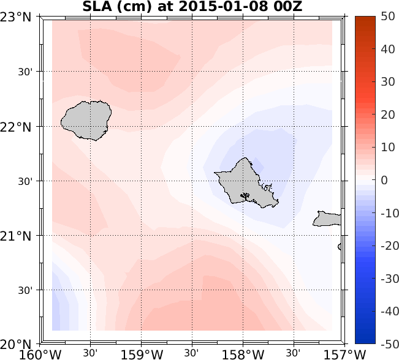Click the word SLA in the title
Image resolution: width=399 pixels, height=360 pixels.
click(96, 7)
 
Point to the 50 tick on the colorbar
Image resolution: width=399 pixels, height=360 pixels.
click(387, 17)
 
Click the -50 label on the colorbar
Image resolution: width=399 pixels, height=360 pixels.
click(386, 343)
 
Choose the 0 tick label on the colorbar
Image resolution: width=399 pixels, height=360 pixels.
click(384, 180)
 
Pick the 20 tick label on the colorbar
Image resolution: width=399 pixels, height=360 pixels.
click(387, 114)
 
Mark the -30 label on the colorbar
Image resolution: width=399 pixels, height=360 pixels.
click(386, 278)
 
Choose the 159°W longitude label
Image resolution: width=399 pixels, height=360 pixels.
click(142, 354)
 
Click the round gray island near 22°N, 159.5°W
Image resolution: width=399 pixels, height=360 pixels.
click(86, 121)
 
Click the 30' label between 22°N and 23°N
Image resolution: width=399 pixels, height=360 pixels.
click(25, 72)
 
